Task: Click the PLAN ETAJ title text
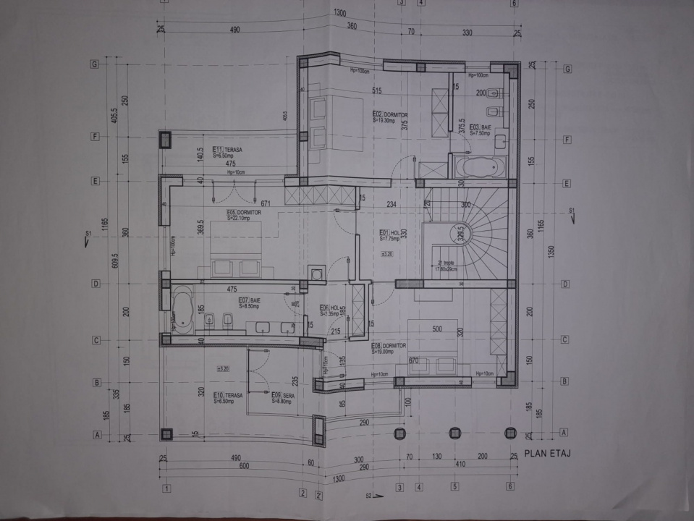click(548, 454)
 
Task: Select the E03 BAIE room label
click(480, 130)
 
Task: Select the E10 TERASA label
click(228, 398)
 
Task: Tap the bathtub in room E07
click(181, 310)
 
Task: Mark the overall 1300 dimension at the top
click(339, 14)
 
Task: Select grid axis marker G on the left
click(94, 64)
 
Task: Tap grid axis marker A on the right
click(563, 433)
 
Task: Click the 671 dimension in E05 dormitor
click(266, 203)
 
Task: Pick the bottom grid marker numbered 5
click(455, 486)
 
